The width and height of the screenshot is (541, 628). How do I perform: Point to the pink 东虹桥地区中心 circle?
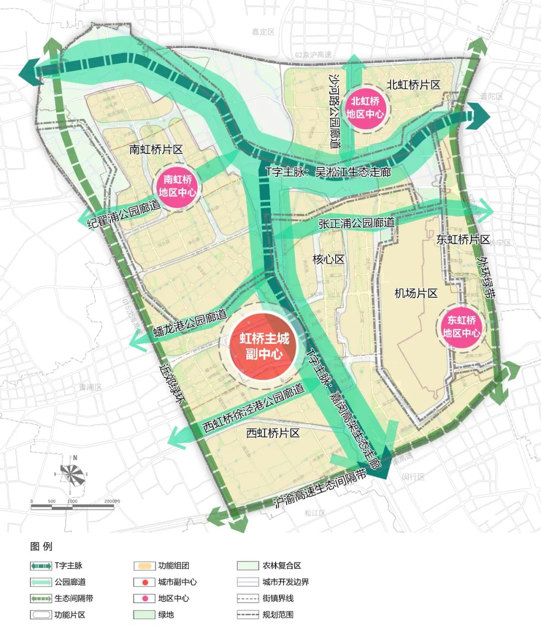[461, 326]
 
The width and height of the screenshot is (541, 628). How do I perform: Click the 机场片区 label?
[416, 293]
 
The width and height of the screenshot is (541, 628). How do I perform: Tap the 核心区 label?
[329, 259]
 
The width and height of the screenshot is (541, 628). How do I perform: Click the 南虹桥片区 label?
[156, 149]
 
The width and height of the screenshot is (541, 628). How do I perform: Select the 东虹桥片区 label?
[463, 240]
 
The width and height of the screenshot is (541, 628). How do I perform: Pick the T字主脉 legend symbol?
[41, 566]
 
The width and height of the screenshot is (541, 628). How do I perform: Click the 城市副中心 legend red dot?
[144, 582]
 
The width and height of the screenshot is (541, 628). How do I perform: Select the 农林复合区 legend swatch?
[247, 566]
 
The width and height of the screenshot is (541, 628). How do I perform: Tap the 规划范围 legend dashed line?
[247, 614]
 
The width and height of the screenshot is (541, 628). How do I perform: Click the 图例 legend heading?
[41, 546]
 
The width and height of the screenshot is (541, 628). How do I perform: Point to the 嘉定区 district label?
[263, 32]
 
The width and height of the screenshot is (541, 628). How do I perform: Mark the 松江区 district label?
[315, 513]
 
